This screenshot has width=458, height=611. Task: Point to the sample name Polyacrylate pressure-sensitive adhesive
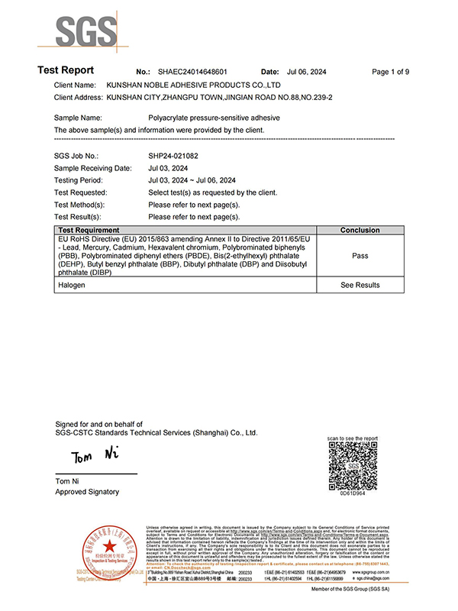[214, 118]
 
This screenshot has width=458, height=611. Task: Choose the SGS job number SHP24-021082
[173, 155]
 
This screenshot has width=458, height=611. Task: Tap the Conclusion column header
[360, 230]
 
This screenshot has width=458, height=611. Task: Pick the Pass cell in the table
[360, 257]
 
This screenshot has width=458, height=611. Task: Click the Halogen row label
[72, 285]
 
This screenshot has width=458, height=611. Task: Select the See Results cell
[360, 285]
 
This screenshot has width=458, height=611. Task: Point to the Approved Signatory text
[88, 492]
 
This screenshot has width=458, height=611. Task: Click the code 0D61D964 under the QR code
[352, 493]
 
